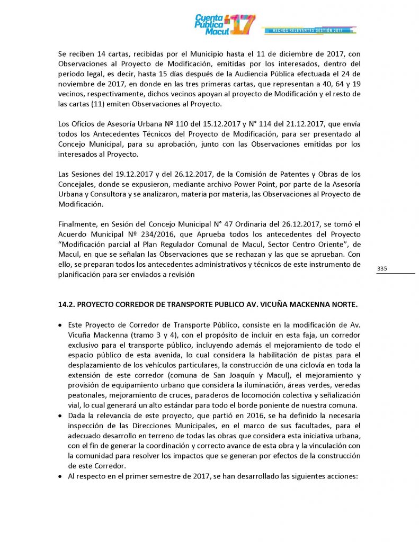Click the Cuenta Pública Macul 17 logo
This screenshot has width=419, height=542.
(225, 24)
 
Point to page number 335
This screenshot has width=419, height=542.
(382, 269)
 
